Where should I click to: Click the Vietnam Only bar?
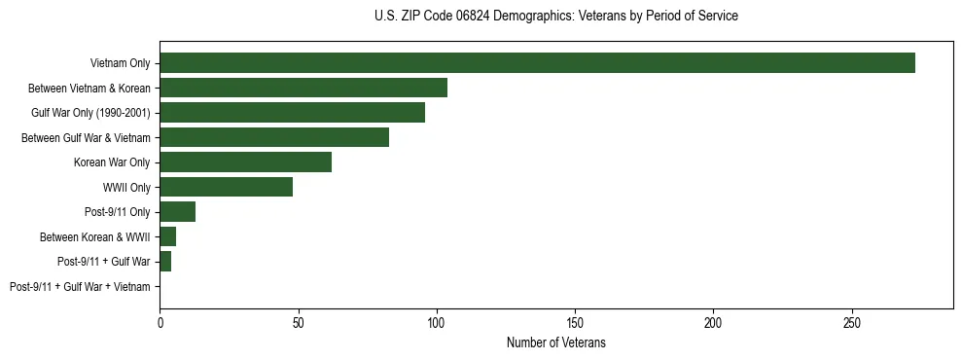(x=537, y=63)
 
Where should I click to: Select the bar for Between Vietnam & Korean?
(x=303, y=88)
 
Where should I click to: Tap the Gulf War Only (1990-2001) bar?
(x=292, y=113)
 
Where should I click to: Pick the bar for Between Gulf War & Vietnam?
(x=274, y=137)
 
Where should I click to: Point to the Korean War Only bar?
(x=245, y=162)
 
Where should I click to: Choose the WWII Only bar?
(x=226, y=187)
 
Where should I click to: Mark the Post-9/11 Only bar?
(x=177, y=212)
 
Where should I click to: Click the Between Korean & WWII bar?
(x=167, y=236)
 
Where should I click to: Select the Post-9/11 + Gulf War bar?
(x=165, y=262)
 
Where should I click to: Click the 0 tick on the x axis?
(x=160, y=321)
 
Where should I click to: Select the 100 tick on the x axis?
(x=437, y=321)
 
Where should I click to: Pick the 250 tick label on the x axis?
(x=852, y=321)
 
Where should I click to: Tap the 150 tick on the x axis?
(x=575, y=321)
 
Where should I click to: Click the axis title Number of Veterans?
(x=555, y=342)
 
